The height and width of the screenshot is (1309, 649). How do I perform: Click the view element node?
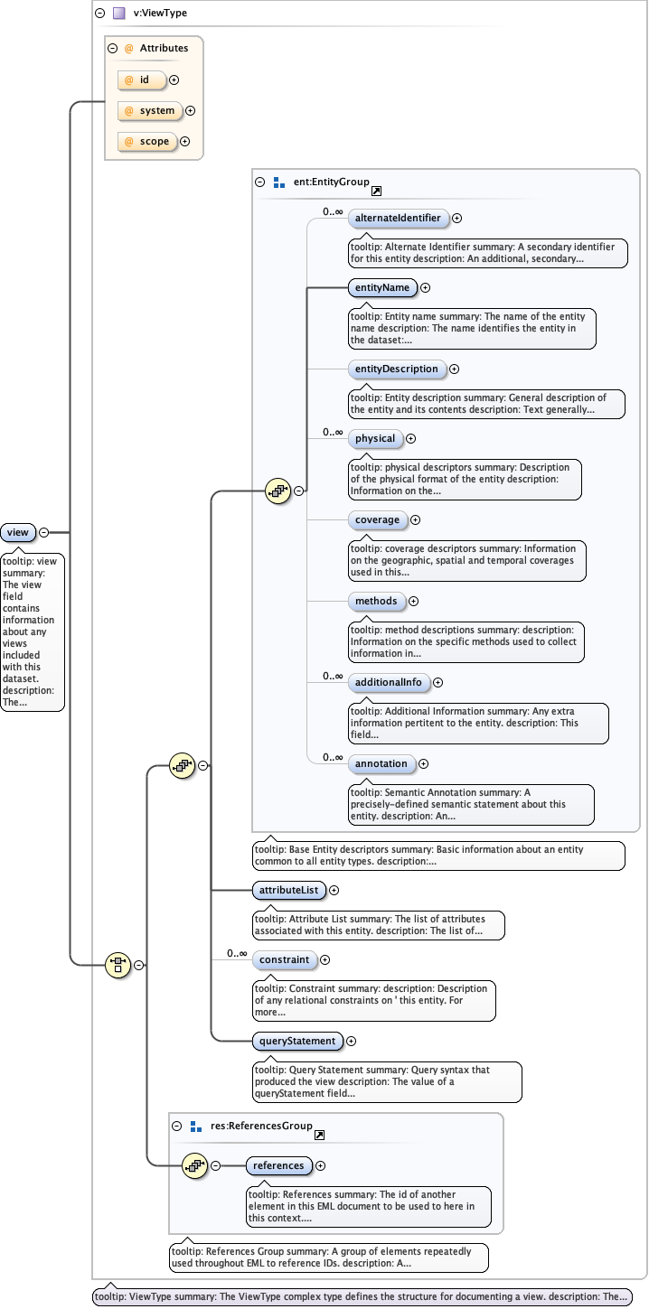point(18,532)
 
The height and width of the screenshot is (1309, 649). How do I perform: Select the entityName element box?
point(382,288)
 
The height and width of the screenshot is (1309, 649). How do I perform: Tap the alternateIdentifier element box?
point(398,218)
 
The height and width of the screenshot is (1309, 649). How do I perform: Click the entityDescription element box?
point(397,369)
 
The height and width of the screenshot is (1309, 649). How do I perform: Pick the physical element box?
point(375,439)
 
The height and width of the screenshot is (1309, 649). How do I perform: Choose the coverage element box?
point(378,519)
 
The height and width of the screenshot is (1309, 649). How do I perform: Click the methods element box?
point(376,601)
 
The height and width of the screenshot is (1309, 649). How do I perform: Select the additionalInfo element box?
point(389,682)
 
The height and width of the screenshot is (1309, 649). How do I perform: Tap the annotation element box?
point(381,763)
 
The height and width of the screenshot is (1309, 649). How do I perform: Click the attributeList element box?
point(287,890)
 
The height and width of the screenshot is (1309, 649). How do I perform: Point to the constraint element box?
point(283,959)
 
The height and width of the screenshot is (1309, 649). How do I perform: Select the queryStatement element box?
point(297,1041)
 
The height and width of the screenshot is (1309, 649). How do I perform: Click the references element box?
point(278,1165)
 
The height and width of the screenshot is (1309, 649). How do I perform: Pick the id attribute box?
point(142,80)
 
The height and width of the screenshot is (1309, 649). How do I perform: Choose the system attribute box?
point(149,111)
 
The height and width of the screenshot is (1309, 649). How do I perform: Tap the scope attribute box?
point(146,141)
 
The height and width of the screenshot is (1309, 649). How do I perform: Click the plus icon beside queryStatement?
point(352,1042)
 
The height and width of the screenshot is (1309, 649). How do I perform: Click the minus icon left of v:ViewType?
point(100,14)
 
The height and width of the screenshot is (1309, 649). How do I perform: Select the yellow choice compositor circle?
point(117,965)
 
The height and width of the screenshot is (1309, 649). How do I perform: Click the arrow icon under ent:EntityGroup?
point(376,192)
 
